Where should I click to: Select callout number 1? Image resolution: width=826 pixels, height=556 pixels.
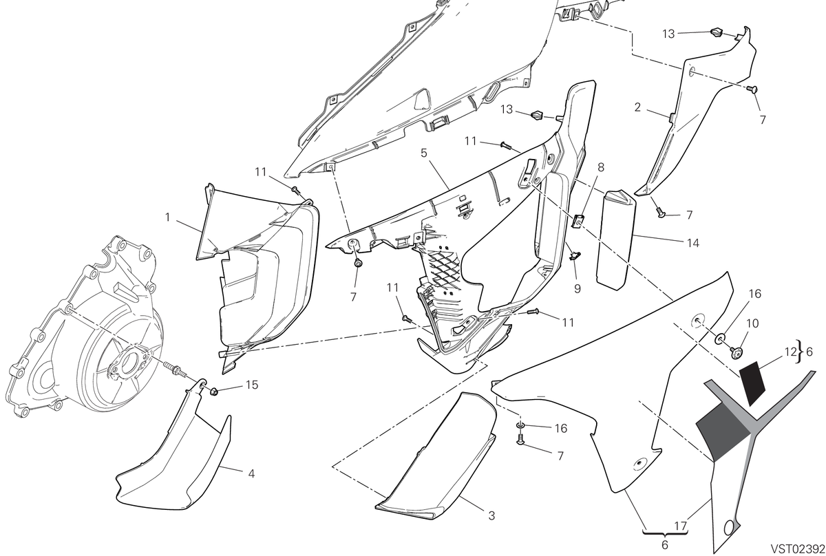tap(168, 217)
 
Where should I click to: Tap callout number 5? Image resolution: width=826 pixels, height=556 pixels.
tap(424, 153)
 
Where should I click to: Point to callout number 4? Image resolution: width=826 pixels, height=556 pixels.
tap(251, 473)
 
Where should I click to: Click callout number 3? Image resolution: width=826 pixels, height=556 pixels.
tap(491, 515)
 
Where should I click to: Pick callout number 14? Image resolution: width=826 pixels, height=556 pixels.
tap(693, 243)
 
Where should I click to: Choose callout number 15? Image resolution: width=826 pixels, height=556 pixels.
tap(252, 385)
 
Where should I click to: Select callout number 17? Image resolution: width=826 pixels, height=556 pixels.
tap(681, 526)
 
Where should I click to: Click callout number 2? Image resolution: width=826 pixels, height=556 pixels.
tap(637, 107)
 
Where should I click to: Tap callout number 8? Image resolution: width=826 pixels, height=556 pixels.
tap(601, 167)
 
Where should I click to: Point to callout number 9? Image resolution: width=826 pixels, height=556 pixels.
tap(578, 288)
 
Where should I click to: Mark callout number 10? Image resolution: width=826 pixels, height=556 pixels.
tap(752, 323)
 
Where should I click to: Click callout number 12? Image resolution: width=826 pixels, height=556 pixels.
tap(790, 352)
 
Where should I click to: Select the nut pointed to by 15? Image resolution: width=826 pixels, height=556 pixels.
tap(214, 391)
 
